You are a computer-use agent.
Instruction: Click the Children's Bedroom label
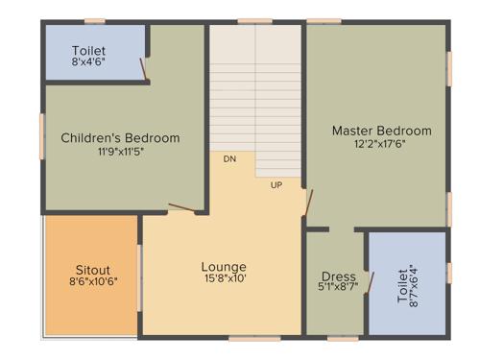[x=120, y=138]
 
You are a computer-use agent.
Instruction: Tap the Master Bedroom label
[x=381, y=131]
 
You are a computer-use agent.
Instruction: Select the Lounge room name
[x=223, y=267]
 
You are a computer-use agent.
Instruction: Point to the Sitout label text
[x=92, y=270]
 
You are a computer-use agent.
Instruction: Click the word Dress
[x=338, y=276]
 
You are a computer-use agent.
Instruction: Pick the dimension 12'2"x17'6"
[x=381, y=144]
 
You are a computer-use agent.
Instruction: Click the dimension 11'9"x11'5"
[x=120, y=151]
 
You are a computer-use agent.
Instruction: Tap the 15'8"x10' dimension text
[x=223, y=279]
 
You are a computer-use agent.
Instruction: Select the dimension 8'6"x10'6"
[x=92, y=282]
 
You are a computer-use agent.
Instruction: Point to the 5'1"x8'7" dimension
[x=338, y=287]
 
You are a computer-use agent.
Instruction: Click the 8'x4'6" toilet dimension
[x=88, y=62]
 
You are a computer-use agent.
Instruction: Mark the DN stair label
[x=229, y=158]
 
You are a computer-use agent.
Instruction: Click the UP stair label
[x=276, y=184]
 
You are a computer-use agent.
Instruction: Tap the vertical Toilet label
[x=402, y=284]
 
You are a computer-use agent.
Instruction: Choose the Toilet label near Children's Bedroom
[x=88, y=50]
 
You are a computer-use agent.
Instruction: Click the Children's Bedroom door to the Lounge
[x=181, y=205]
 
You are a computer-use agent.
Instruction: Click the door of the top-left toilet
[x=144, y=70]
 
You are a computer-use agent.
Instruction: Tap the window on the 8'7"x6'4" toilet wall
[x=448, y=273]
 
